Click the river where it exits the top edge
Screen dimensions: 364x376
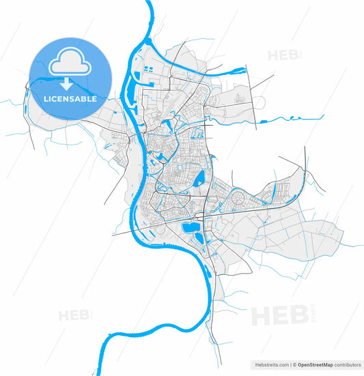150,3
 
